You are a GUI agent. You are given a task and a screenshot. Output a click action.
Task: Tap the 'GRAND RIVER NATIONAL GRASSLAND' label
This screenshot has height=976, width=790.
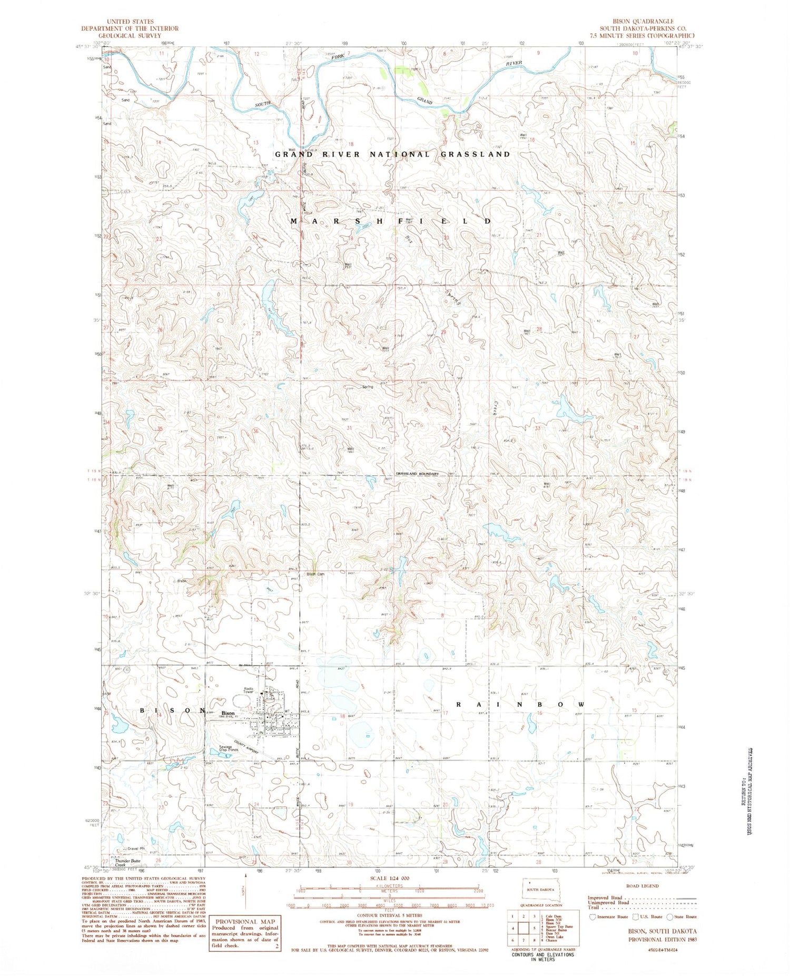[392, 154]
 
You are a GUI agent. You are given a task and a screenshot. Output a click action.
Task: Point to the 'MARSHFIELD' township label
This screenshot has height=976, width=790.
[392, 221]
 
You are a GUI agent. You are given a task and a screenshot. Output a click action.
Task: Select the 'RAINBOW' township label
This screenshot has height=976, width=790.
[520, 705]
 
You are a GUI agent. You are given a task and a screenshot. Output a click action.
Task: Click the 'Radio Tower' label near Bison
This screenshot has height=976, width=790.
[249, 690]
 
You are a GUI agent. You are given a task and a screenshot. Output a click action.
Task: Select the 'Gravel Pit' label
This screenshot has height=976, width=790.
[136, 848]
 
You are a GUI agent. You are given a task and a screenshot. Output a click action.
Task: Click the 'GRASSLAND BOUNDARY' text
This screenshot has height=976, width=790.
[418, 474]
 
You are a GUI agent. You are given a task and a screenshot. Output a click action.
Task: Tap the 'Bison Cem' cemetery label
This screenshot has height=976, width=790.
[315, 574]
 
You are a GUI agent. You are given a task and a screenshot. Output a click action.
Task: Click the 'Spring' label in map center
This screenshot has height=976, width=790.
[367, 387]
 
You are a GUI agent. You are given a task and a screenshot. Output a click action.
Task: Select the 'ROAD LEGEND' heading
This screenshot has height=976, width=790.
[643, 886]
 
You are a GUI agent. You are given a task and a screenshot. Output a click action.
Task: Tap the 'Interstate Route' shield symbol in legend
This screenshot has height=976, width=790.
[593, 916]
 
